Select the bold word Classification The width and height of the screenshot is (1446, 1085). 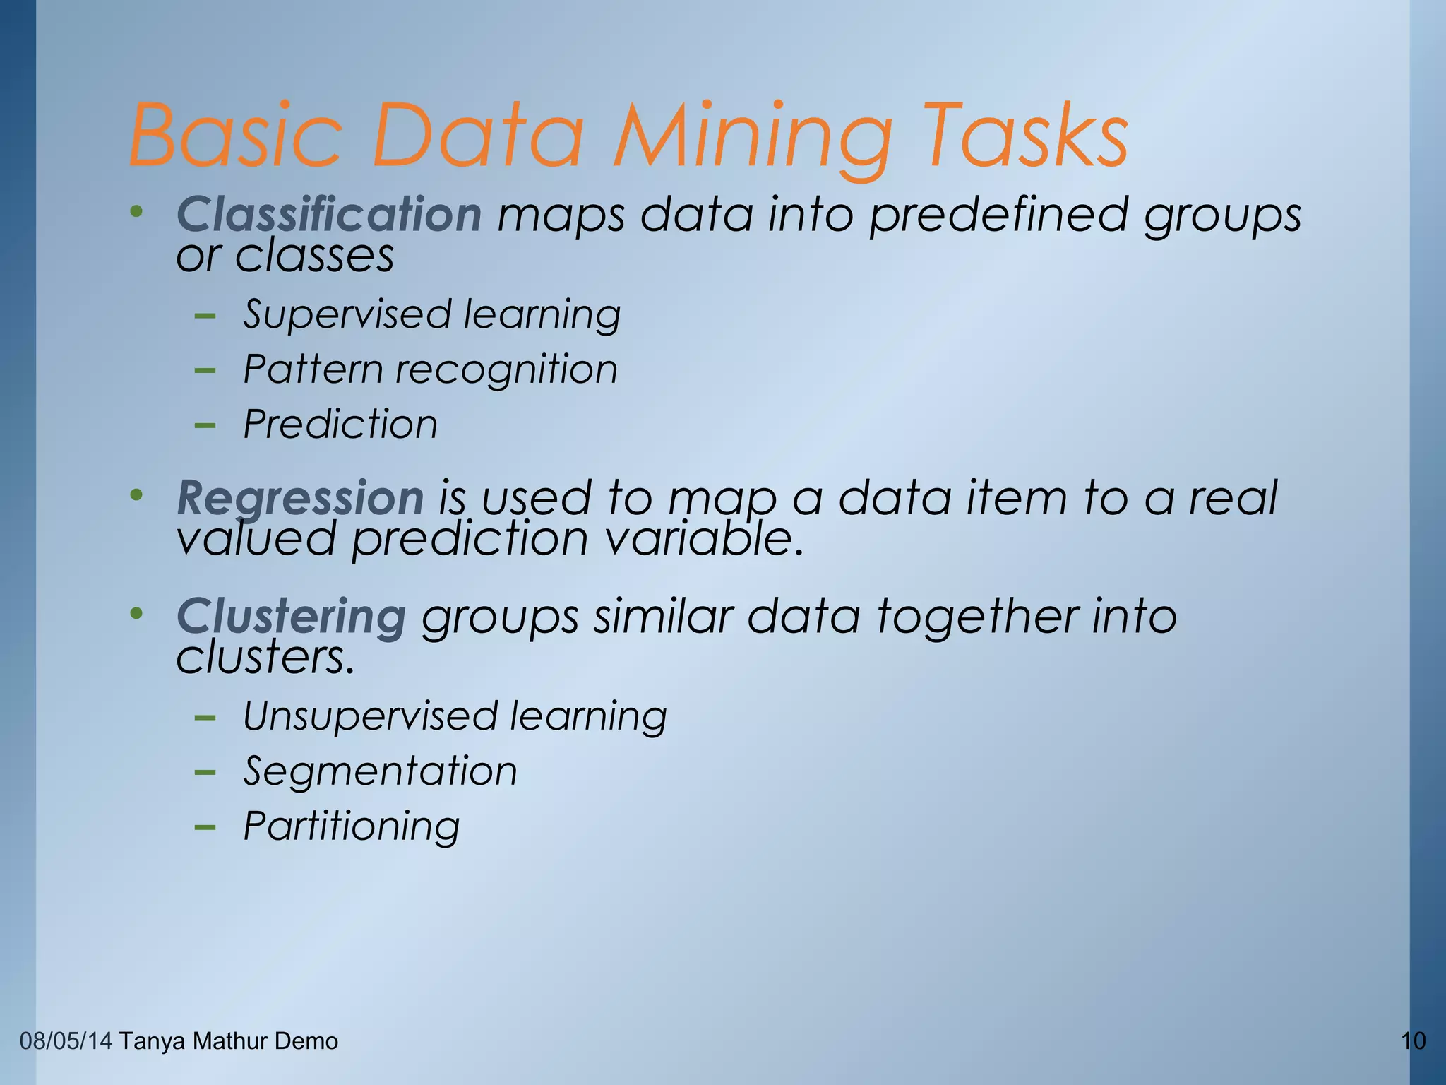coord(329,214)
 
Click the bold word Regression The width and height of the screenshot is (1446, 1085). coord(300,498)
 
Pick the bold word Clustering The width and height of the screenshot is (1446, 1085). coord(291,616)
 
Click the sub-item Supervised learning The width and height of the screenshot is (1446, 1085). coord(431,314)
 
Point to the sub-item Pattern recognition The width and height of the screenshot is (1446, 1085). coord(430,369)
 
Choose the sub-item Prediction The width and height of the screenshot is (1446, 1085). coord(340,425)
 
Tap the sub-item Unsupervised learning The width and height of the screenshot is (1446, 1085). coord(455,716)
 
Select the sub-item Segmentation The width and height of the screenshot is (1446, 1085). coord(380,771)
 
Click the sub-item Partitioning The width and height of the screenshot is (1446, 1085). coord(351,826)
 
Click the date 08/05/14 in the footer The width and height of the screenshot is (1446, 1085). coord(66,1041)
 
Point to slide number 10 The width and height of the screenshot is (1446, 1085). coord(1413,1041)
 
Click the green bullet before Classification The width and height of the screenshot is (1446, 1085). coord(136,211)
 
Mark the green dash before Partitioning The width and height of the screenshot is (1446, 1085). coord(205,826)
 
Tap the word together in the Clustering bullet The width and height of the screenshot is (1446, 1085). coord(977,616)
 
